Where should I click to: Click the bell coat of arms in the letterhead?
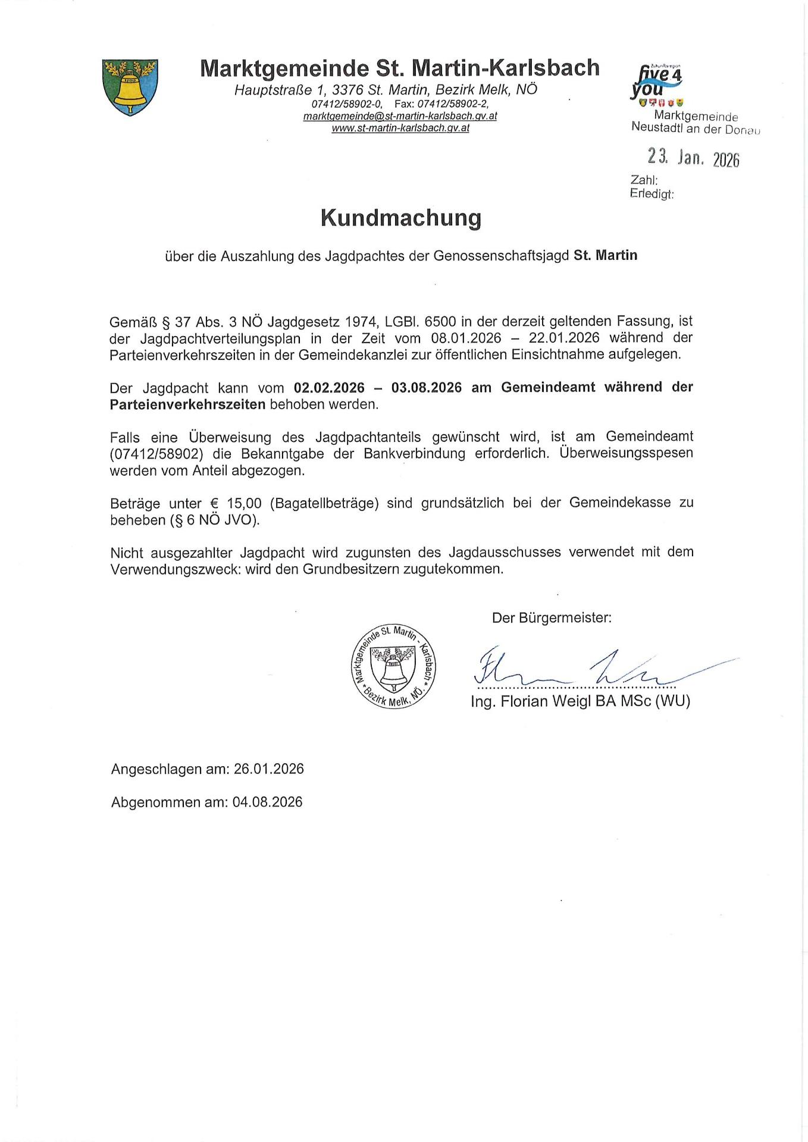click(x=130, y=87)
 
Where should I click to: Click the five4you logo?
click(x=656, y=83)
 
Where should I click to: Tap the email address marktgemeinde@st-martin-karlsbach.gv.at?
click(x=400, y=116)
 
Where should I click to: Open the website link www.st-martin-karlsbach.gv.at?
click(x=400, y=128)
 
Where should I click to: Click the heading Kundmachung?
click(x=400, y=218)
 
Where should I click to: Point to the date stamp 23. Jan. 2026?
click(x=693, y=158)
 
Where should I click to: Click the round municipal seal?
click(x=393, y=667)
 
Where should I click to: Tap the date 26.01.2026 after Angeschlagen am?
click(x=268, y=769)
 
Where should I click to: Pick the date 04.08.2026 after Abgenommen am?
click(x=267, y=802)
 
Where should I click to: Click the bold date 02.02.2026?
click(x=329, y=388)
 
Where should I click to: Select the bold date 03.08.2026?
click(x=426, y=388)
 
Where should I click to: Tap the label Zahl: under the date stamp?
click(x=644, y=180)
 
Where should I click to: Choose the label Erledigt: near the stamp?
click(x=652, y=193)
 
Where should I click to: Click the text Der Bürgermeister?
click(x=552, y=618)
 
